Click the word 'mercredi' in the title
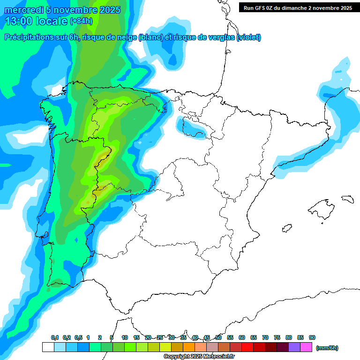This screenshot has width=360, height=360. [24, 10]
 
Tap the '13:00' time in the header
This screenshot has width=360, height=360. [18, 21]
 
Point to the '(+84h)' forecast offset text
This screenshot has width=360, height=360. [81, 21]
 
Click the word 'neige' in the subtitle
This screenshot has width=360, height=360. [126, 37]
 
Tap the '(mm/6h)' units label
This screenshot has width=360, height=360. [327, 348]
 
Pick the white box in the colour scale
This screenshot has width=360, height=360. [48, 347]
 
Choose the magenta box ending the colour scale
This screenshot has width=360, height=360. [306, 347]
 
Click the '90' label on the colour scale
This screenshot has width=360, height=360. [312, 337]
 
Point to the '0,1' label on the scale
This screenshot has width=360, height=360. [54, 337]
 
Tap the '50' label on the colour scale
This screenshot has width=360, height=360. [218, 337]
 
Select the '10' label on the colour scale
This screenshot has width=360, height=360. [125, 337]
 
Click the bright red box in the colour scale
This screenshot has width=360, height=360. [247, 347]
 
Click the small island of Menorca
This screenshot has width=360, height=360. [347, 199]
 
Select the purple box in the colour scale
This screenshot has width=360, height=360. [294, 347]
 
